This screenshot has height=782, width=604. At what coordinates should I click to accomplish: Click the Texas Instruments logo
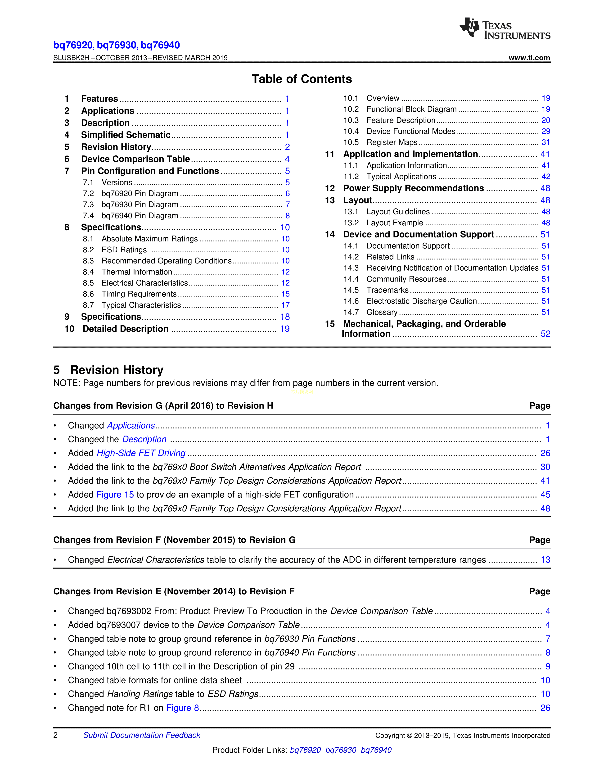(x=505, y=28)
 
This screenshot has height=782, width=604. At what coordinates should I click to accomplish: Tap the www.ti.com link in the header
(x=529, y=58)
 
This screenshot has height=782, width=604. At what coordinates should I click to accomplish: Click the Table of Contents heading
(x=302, y=79)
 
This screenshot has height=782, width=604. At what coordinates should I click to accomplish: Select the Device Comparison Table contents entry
(x=135, y=159)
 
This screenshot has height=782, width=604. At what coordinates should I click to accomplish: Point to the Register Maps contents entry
(x=392, y=142)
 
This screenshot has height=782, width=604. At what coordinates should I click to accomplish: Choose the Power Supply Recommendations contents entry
(x=413, y=188)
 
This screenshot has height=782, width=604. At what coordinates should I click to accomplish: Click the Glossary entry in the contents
(x=382, y=312)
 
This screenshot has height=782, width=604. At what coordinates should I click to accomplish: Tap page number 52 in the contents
(x=545, y=334)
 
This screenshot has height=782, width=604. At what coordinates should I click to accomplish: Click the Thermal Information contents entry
(x=137, y=272)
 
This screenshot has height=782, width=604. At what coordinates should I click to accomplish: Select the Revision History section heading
(x=117, y=370)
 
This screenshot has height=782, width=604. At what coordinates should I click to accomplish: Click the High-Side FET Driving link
(x=141, y=453)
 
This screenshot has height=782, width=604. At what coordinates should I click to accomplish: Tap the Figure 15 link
(x=115, y=495)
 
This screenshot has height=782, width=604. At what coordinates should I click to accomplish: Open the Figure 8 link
(x=182, y=708)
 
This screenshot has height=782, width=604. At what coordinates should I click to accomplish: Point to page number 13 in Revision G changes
(x=545, y=560)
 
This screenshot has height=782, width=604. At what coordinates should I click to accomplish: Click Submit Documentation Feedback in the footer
(x=142, y=735)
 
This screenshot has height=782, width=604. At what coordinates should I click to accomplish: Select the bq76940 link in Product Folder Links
(x=376, y=750)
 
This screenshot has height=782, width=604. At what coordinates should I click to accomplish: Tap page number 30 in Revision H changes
(x=545, y=467)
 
